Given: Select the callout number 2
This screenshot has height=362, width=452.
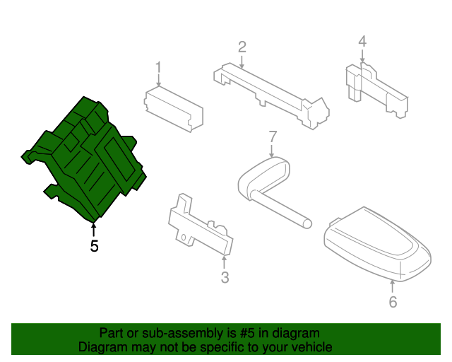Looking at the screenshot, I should coord(242,47).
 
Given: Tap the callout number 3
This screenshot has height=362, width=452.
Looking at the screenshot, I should coord(225,278).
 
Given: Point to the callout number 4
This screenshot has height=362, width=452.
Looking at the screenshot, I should coord(362,42).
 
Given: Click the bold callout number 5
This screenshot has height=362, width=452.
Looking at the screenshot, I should coord(94,246).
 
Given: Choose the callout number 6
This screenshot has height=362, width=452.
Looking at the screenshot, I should coord(393,303).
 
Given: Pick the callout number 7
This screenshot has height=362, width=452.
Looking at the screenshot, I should coord(273,136).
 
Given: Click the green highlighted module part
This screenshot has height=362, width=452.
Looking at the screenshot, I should coord(88,159).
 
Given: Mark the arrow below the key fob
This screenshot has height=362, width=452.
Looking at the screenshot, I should coord(393,286).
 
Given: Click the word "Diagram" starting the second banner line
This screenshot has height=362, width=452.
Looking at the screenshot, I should coord(102,347).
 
